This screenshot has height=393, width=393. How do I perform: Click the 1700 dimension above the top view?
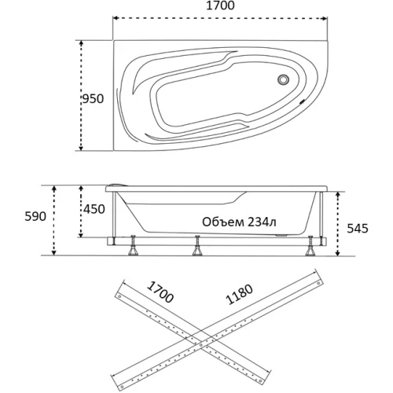coord(220,6)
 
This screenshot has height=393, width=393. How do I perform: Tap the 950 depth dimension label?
coord(94,99)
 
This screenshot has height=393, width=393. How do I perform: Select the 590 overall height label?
coord(35,216)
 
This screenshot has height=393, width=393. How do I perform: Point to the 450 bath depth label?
coord(94,209)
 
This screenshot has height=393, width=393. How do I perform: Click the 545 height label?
coord(358,229)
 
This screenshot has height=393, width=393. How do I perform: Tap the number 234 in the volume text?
coord(257,222)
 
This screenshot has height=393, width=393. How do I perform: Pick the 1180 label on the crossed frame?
coord(240,295)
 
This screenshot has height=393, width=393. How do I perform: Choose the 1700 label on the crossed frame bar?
coord(160,292)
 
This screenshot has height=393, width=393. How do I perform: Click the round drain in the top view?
coord(283,79)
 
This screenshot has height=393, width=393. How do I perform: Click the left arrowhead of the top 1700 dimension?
coord(116,18)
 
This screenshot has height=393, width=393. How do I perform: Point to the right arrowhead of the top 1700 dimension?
coord(325,18)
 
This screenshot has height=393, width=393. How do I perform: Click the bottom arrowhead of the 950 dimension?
coord(81,148)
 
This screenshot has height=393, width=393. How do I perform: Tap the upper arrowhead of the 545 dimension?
coord(338,194)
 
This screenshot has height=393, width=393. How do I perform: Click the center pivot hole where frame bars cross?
coord(201,346)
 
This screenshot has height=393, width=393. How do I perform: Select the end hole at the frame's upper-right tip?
coord(318,283)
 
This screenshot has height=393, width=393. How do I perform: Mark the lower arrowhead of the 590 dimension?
coord(53,252)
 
